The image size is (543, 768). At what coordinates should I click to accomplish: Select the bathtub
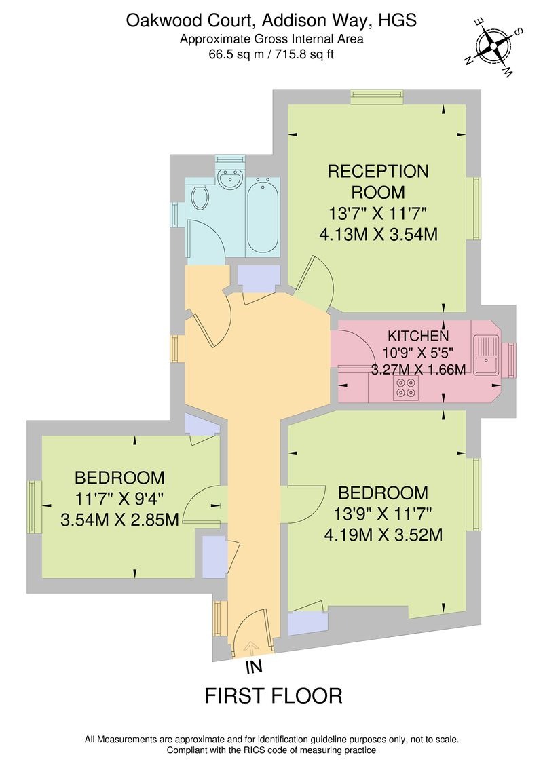[261, 216]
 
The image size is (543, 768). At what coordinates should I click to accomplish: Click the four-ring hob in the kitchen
[407, 387]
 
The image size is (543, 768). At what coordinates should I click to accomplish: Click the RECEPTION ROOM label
[378, 181]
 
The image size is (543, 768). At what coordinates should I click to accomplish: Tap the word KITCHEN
[417, 336]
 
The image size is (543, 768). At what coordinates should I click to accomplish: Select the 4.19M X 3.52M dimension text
[383, 535]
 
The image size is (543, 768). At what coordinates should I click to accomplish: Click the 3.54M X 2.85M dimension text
[119, 520]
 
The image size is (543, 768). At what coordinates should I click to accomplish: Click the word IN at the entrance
[252, 668]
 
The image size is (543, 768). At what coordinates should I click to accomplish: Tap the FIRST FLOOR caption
[274, 695]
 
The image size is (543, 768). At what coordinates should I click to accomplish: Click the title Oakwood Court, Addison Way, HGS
[271, 21]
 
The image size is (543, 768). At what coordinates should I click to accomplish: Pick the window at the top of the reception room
[377, 98]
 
